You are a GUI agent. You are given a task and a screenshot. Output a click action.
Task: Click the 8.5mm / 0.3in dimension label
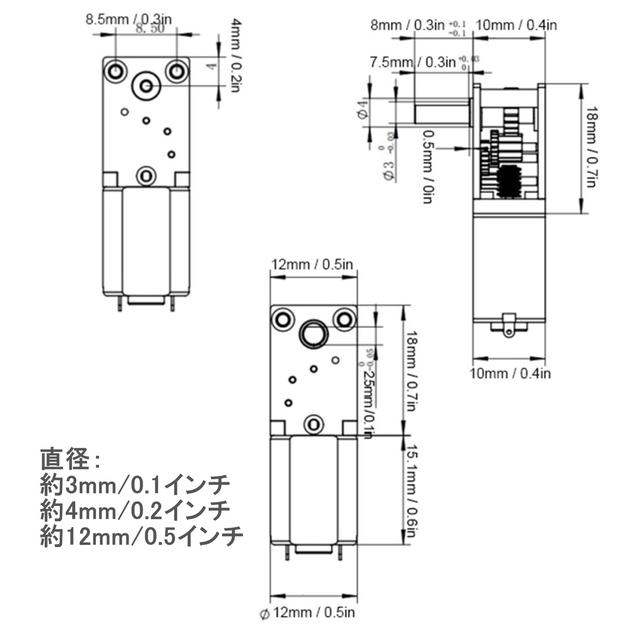point(128,19)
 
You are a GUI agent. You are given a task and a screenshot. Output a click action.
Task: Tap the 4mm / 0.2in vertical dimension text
point(235,55)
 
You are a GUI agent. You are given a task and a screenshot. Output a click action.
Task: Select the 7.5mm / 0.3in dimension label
point(412,63)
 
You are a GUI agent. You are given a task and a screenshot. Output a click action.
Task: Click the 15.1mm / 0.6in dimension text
point(411,491)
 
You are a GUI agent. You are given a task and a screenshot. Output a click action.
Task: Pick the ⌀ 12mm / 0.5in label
point(308,613)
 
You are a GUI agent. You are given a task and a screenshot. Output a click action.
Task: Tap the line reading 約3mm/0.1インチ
point(135,485)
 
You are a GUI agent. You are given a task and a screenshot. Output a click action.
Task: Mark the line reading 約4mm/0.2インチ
point(135,511)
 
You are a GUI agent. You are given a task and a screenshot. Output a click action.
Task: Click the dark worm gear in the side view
point(508,182)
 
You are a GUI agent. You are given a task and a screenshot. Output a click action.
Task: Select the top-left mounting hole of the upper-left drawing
point(115,72)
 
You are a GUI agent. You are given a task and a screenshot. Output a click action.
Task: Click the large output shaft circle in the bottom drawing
point(314,334)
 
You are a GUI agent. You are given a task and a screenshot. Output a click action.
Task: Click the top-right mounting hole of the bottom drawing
point(344,319)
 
